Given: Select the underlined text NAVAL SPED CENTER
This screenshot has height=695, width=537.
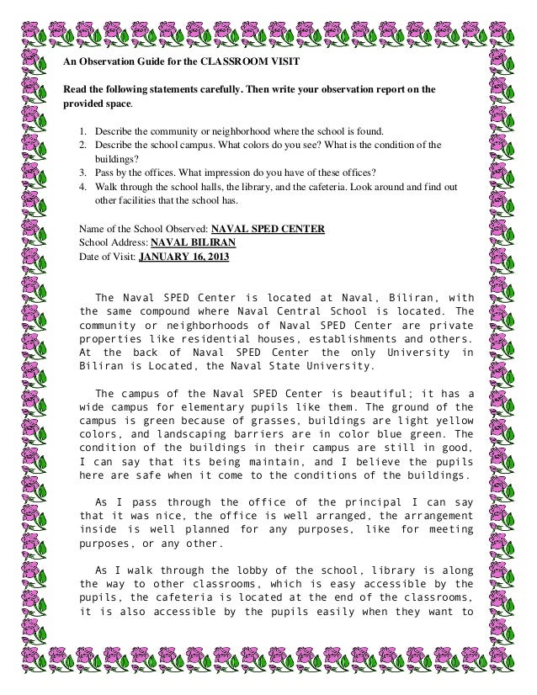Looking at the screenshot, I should click(x=268, y=228).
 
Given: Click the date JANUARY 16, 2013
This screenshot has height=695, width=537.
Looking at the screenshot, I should click(x=182, y=257).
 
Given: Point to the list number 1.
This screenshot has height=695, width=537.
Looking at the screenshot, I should click(x=82, y=132).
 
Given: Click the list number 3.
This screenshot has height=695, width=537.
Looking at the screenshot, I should click(x=82, y=173).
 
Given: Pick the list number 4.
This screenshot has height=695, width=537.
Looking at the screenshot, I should click(x=82, y=188).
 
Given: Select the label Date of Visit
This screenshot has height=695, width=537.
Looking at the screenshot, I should click(x=105, y=257).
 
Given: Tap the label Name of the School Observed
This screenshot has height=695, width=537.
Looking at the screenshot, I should click(x=143, y=228).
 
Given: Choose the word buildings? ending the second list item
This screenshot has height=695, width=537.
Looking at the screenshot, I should click(x=115, y=160).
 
